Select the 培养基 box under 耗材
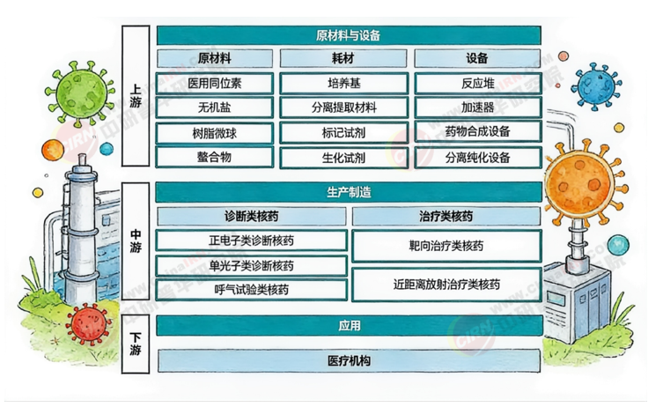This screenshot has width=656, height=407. (343, 84)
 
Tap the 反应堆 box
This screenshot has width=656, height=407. (477, 84)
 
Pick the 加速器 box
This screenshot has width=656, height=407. (477, 108)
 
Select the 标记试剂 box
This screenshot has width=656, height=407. (343, 133)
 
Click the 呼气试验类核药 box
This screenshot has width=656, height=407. (251, 289)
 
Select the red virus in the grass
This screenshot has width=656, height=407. (87, 326)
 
